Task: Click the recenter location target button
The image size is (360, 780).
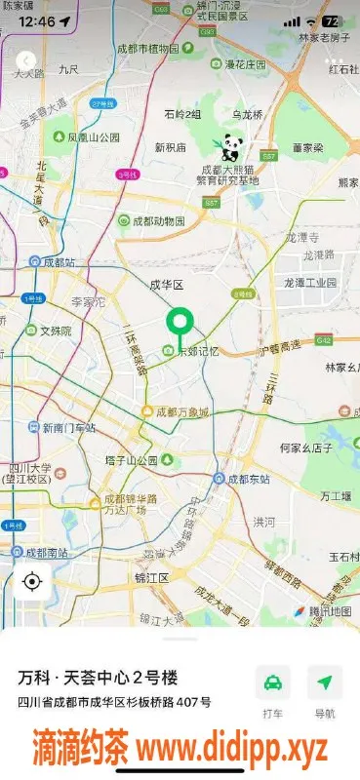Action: click(32, 582)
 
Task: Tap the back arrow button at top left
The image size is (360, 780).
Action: click(29, 60)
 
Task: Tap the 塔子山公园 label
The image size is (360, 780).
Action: click(132, 460)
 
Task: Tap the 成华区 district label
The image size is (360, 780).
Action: click(166, 285)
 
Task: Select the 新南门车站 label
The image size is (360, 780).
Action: click(68, 428)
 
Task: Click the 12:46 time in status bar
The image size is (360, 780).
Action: click(37, 20)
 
